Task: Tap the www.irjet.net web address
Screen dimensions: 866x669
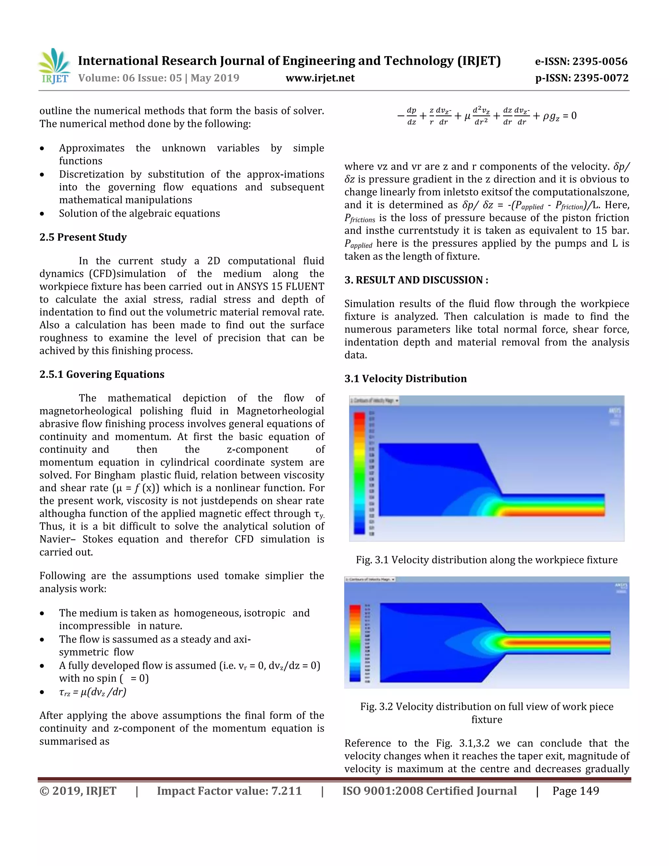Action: click(x=320, y=78)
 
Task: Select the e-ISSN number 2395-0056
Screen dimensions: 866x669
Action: click(x=581, y=61)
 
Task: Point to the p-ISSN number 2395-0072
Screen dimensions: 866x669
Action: click(x=582, y=78)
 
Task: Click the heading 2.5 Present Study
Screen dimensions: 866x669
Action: click(x=83, y=237)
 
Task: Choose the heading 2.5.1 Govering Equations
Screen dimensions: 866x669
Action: click(x=102, y=374)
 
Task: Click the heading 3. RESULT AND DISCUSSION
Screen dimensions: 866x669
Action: click(x=416, y=280)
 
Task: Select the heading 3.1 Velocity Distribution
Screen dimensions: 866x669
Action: click(x=405, y=379)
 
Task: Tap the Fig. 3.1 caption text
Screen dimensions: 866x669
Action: click(x=486, y=560)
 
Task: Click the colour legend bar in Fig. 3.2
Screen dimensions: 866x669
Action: click(x=355, y=643)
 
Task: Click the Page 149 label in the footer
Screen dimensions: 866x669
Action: click(x=576, y=791)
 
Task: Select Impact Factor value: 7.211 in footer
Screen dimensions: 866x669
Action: click(x=229, y=791)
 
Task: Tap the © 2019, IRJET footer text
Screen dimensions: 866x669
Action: click(x=78, y=791)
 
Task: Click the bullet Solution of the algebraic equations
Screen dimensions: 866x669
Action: click(x=139, y=213)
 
